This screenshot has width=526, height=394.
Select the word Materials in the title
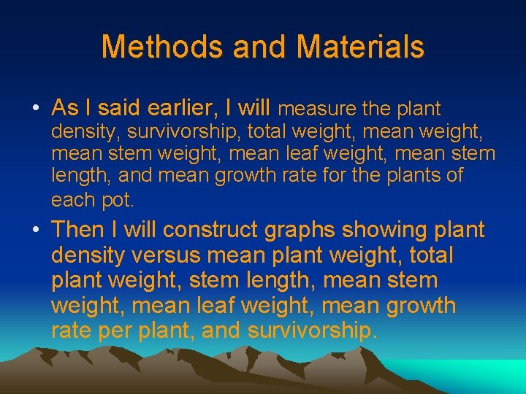pos(361,47)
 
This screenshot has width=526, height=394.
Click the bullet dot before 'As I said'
pos(35,109)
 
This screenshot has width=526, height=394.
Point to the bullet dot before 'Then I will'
pos(35,231)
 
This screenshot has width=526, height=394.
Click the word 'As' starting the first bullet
pos(65,109)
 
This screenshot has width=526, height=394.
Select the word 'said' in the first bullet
pos(121,109)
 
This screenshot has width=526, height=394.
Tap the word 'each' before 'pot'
pos(71,199)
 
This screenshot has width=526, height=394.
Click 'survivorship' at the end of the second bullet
pos(312,331)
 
